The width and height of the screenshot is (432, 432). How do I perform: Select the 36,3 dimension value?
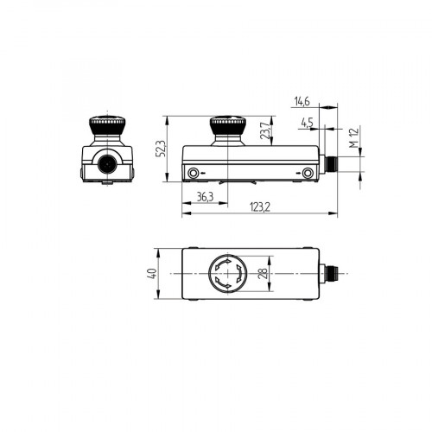[205, 197]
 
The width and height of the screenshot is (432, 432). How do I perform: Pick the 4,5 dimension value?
[307, 123]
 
